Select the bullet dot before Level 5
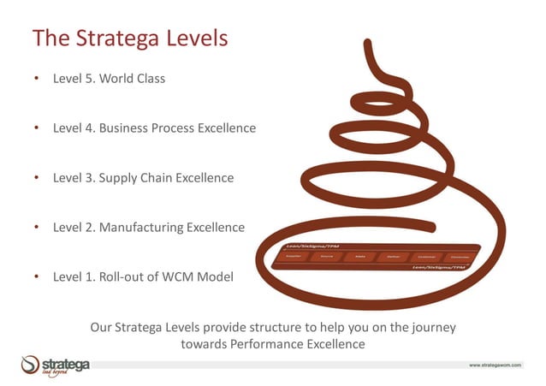click(37, 79)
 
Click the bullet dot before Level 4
click(37, 128)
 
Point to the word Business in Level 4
click(123, 128)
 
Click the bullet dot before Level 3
click(37, 178)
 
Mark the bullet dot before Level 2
click(37, 228)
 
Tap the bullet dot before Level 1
click(37, 277)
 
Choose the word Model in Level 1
click(215, 277)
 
